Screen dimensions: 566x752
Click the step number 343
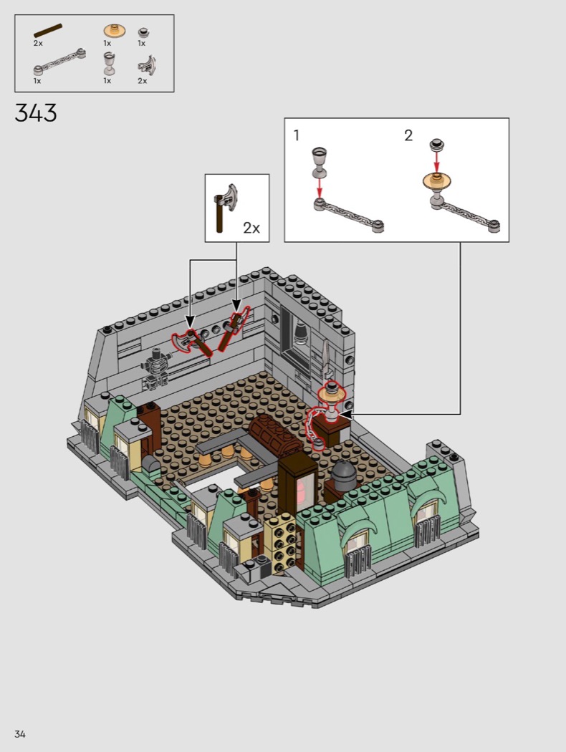[x=36, y=113]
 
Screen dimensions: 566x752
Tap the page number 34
[x=20, y=734]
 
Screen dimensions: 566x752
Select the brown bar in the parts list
[x=48, y=30]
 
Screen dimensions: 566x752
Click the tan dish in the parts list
[x=115, y=32]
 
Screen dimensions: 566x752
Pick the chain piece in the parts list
[x=60, y=62]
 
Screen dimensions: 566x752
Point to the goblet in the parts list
[x=110, y=63]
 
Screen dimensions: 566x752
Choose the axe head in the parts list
[x=148, y=65]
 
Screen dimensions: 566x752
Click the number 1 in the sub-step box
[x=297, y=136]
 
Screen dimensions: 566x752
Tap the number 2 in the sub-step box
[x=408, y=136]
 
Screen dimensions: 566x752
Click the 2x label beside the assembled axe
[x=251, y=228]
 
